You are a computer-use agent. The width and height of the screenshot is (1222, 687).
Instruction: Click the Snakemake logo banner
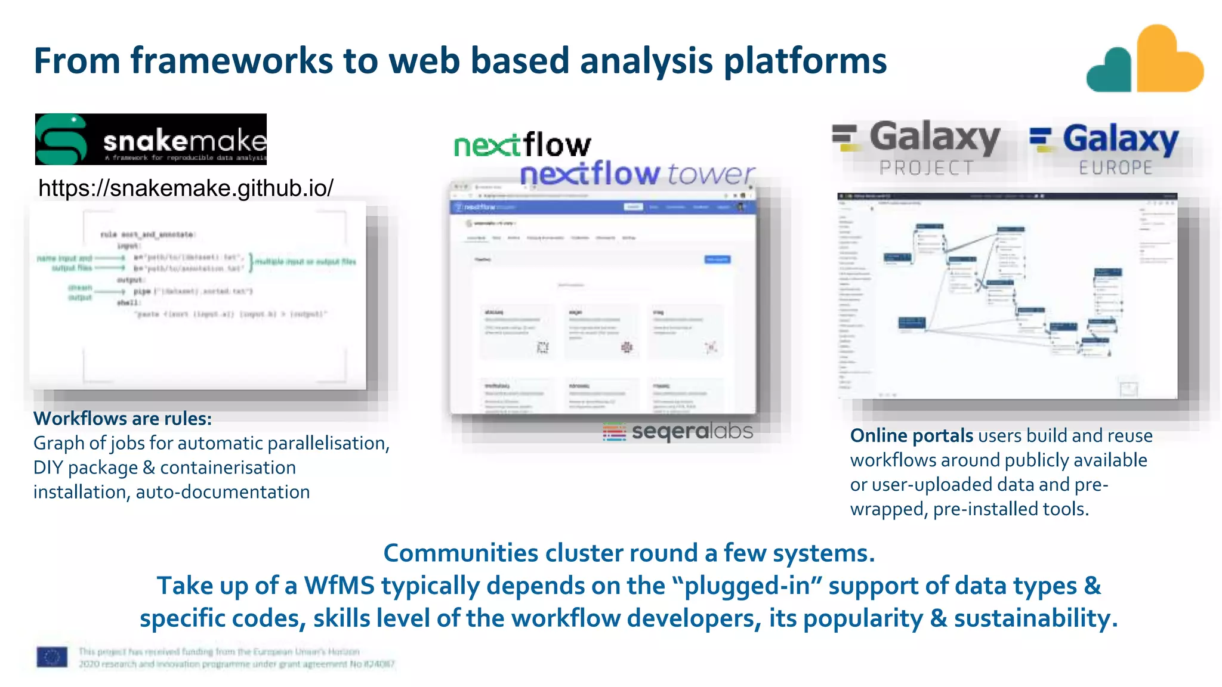click(150, 139)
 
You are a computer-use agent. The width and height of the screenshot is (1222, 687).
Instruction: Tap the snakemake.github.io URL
click(186, 188)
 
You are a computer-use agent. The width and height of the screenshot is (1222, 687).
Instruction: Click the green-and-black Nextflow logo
click(522, 145)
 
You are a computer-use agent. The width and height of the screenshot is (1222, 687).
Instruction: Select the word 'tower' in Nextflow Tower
click(711, 174)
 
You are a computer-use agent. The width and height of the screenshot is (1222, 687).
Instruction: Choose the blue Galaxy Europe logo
click(1105, 148)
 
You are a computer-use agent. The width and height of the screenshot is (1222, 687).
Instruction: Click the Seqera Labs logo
click(678, 431)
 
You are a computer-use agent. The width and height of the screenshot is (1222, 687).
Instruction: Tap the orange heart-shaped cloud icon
click(1168, 60)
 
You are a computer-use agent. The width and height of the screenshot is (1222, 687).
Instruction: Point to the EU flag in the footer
click(52, 657)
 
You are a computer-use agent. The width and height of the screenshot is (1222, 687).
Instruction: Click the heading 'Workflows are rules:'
click(122, 419)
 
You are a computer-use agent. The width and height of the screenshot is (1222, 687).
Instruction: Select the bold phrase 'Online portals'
click(911, 436)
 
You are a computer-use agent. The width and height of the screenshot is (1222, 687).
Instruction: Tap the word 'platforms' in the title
click(805, 61)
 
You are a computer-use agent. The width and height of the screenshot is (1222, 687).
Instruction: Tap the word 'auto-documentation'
click(223, 492)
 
